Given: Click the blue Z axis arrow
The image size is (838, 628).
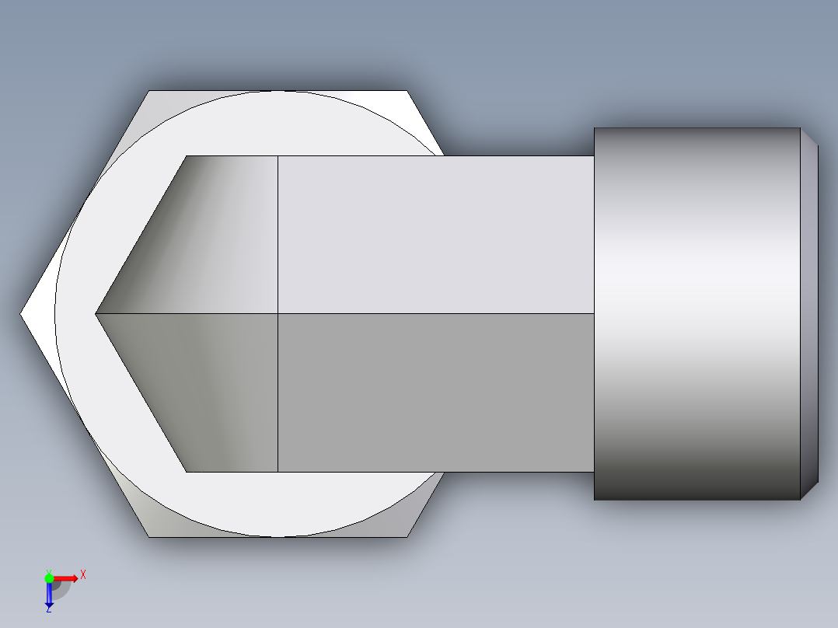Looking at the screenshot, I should [49, 595].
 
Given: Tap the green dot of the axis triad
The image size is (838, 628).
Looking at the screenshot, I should [49, 577].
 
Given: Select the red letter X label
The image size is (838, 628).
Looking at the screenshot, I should [82, 574].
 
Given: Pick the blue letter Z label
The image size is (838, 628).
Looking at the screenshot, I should [49, 610].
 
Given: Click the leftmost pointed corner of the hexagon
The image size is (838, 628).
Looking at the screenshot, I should [21, 314].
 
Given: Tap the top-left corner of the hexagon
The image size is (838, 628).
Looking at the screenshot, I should [149, 91].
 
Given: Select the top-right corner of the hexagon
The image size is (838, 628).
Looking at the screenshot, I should [407, 91].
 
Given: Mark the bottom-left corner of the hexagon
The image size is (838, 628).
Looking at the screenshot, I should [149, 536].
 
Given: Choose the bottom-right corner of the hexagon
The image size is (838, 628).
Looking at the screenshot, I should [407, 536].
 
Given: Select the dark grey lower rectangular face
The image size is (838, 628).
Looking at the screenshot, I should [435, 392].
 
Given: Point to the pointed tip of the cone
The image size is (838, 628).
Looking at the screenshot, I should [96, 314].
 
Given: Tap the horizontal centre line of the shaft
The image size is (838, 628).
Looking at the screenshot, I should [435, 314].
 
